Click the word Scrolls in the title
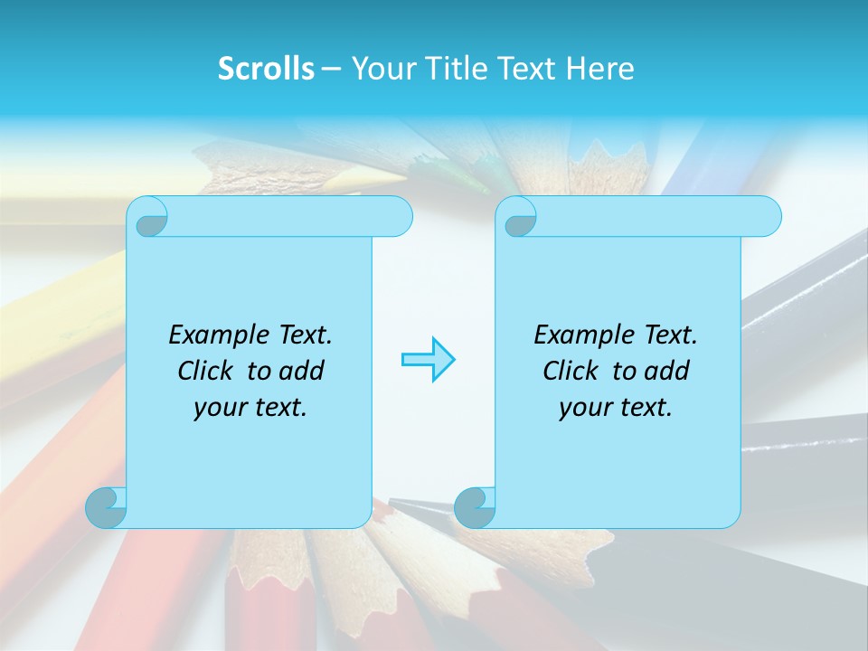click(266, 69)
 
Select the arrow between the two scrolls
click(428, 360)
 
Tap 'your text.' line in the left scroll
click(250, 408)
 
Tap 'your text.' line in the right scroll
click(615, 408)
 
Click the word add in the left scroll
click(303, 371)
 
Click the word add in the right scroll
click(668, 371)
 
